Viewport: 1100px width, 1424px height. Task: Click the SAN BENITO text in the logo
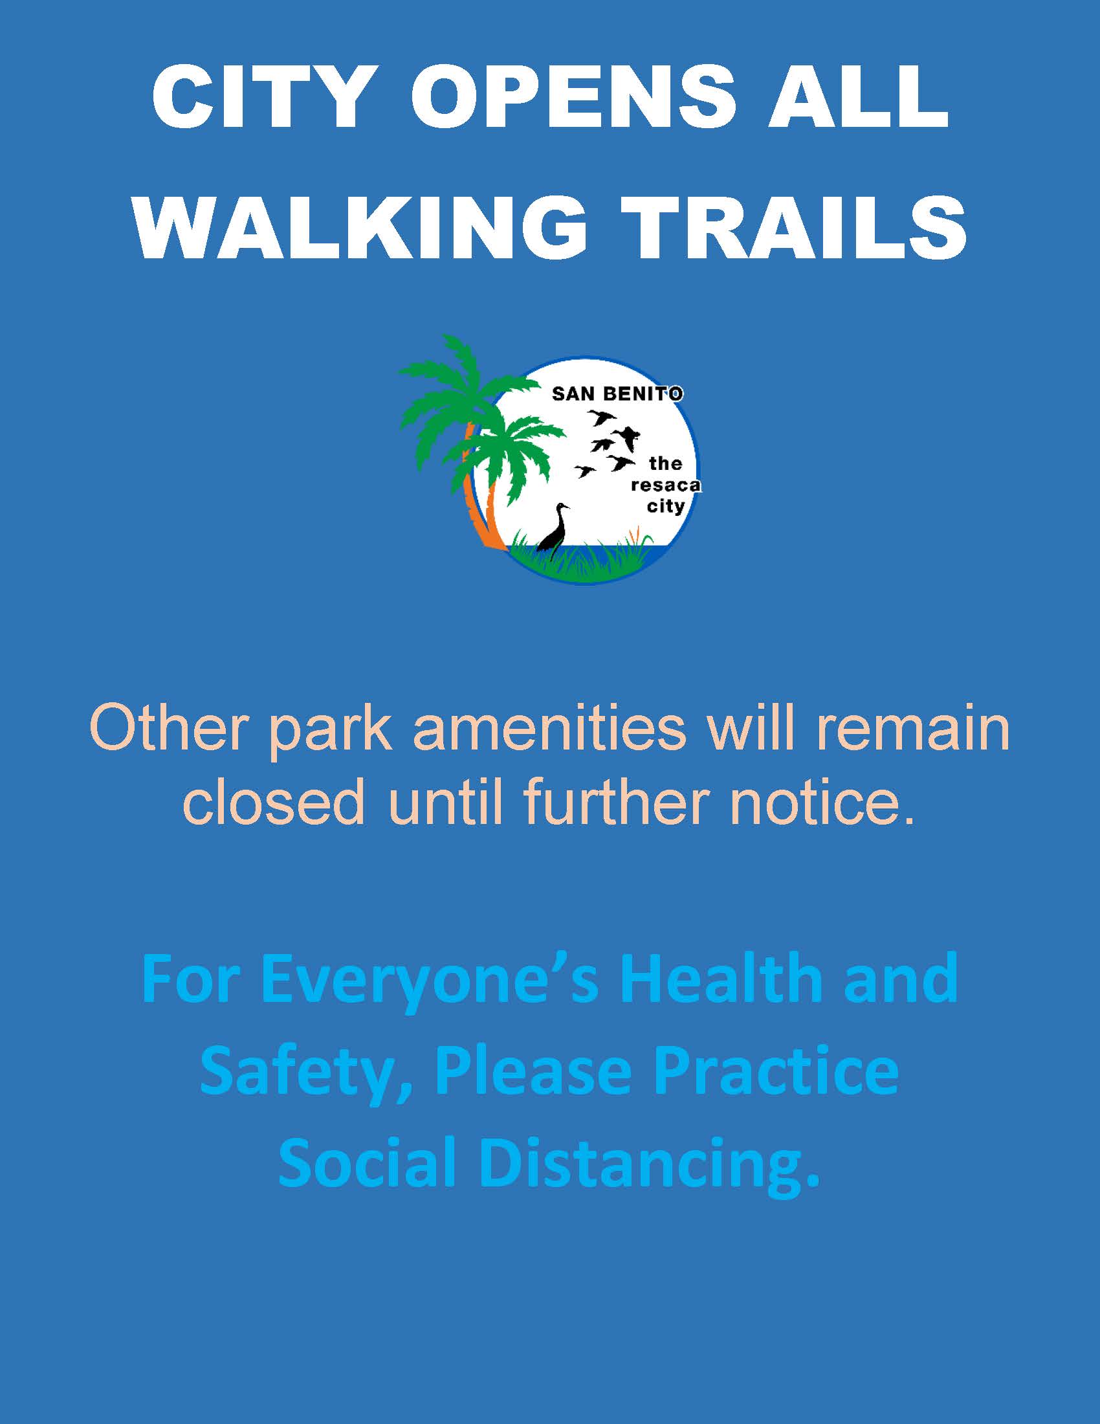617,394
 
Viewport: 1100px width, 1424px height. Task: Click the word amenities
549,728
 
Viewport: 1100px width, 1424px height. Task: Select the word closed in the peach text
274,801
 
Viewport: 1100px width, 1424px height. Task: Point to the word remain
912,728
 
